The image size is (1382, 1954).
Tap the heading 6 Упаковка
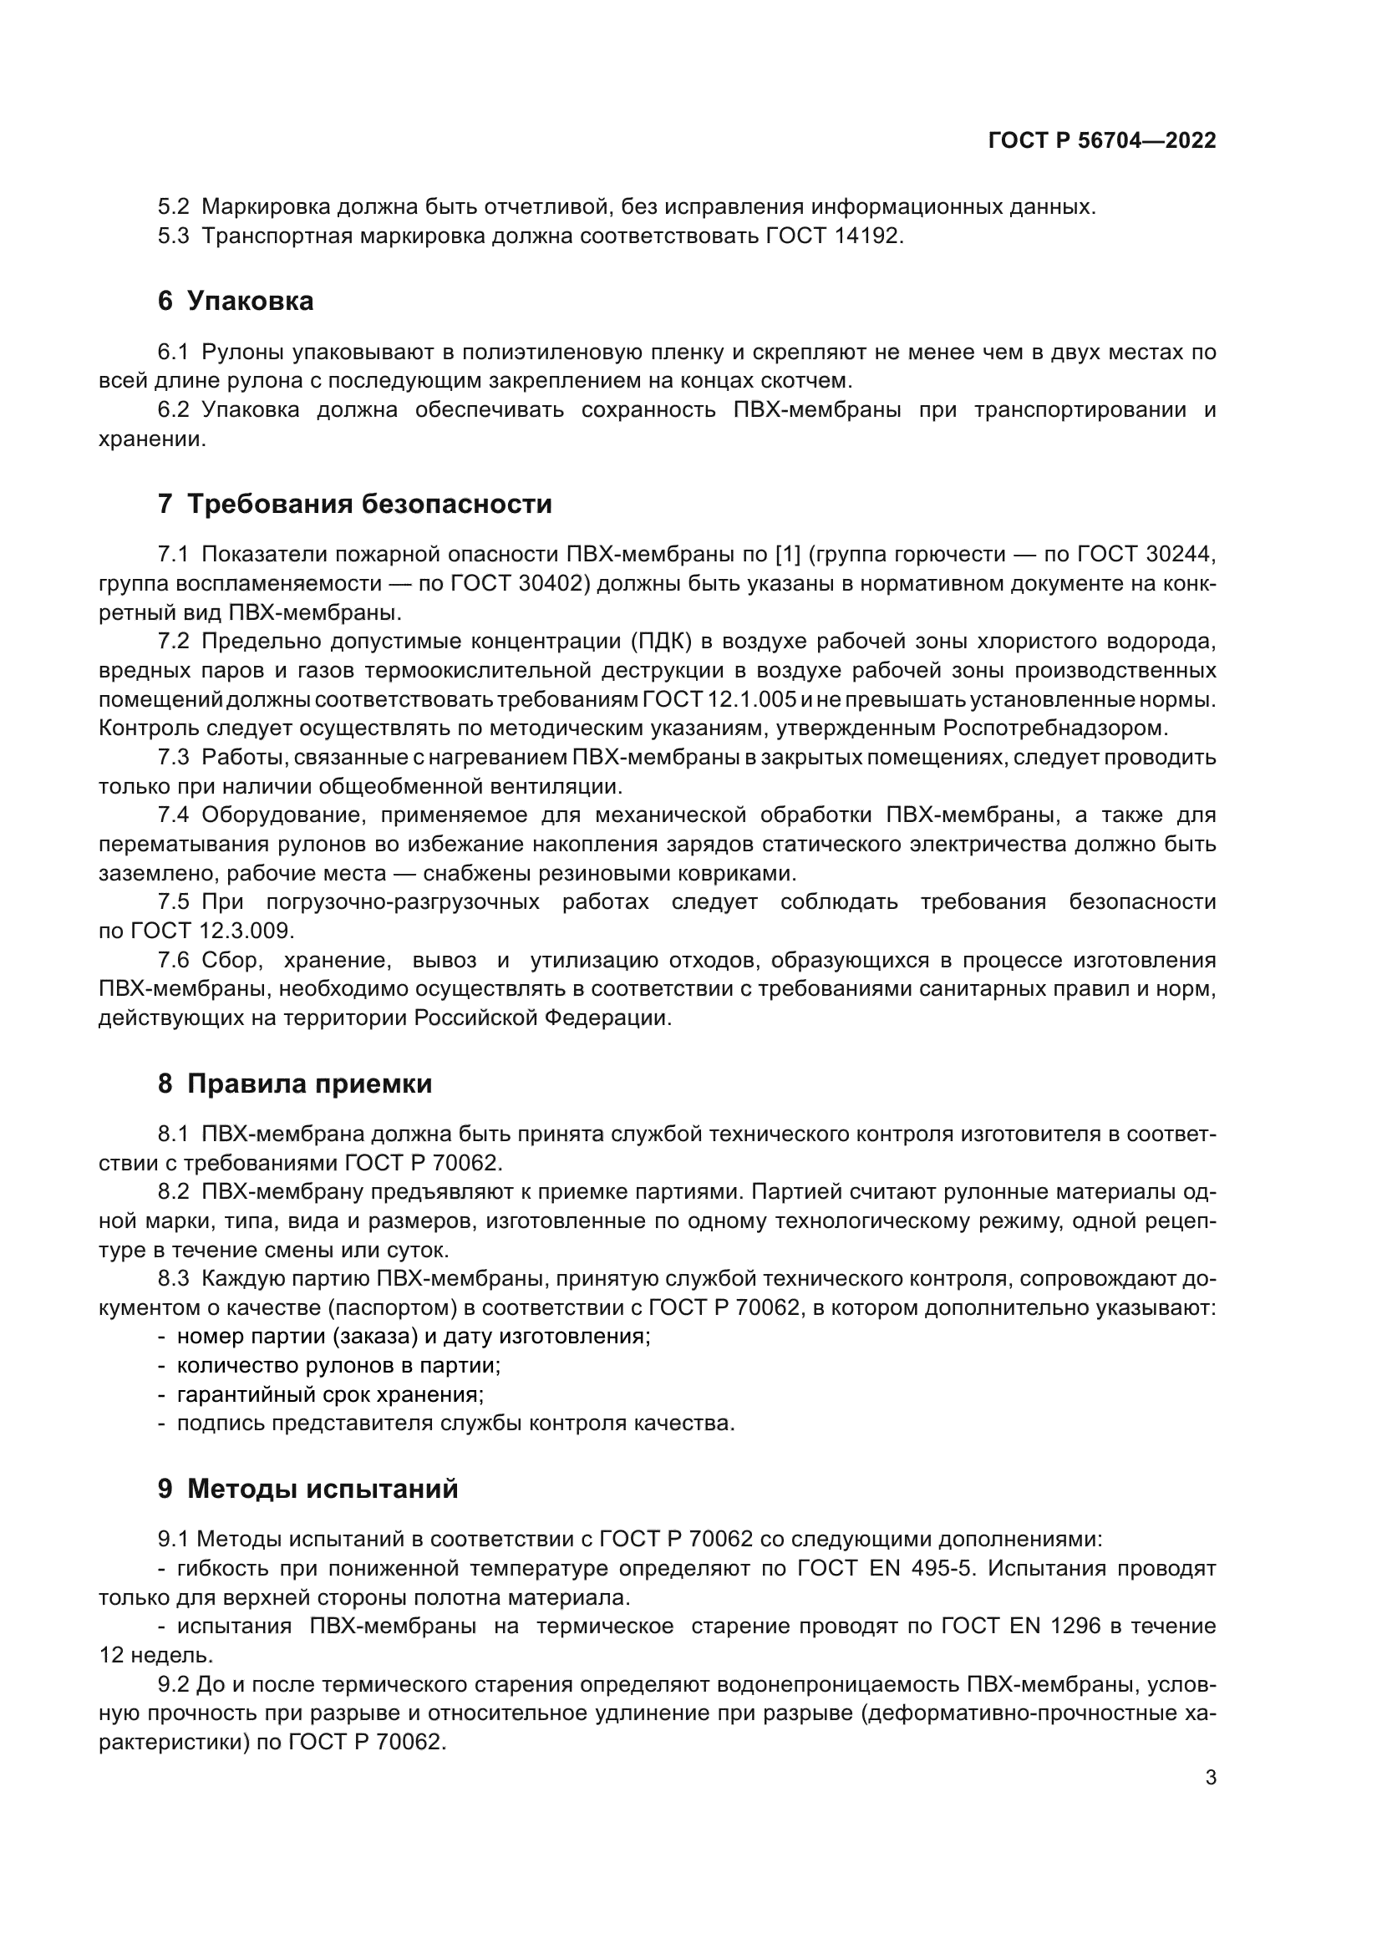click(x=236, y=302)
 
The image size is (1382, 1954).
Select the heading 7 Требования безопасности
click(x=355, y=504)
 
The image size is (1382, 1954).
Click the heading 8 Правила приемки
click(x=294, y=1084)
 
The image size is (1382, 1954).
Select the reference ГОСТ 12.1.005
click(x=720, y=699)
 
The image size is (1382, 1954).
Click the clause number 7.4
click(x=173, y=815)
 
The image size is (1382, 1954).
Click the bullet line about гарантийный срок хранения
click(x=330, y=1395)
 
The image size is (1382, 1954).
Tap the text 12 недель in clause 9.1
click(x=155, y=1655)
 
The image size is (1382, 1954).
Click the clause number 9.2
click(x=173, y=1684)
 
